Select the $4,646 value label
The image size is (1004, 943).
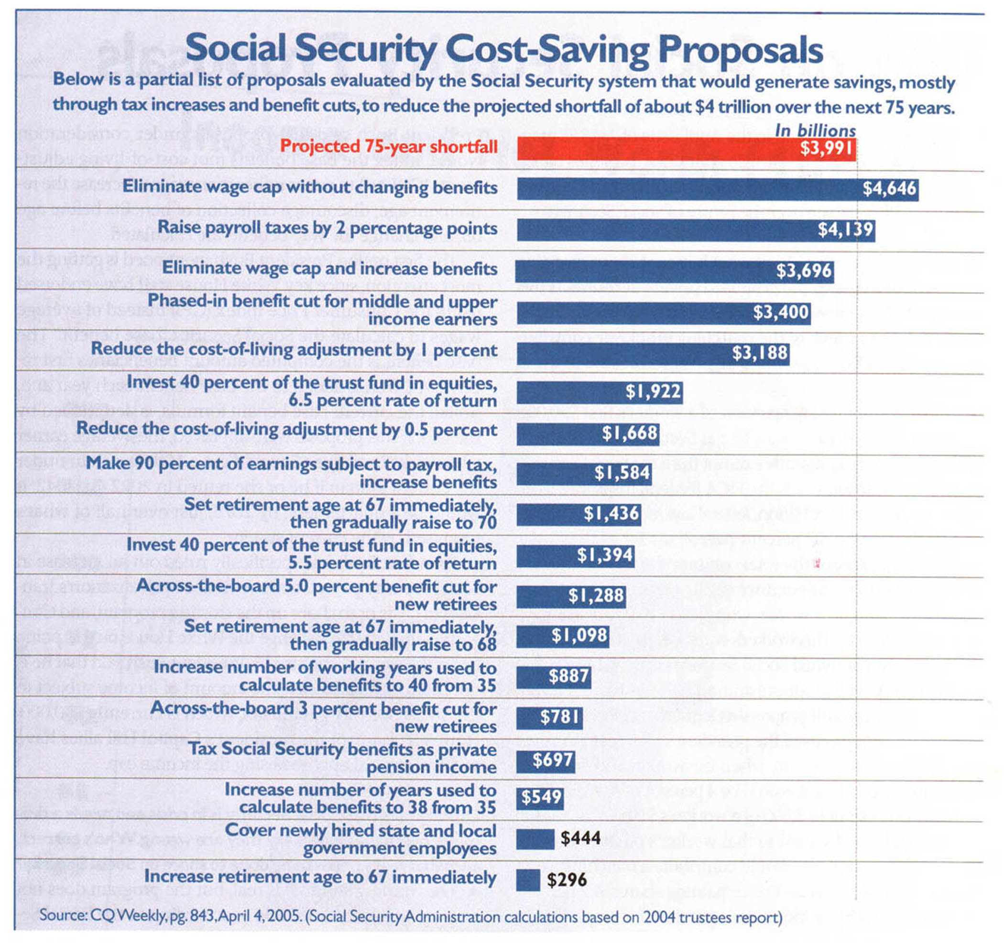pyautogui.click(x=889, y=189)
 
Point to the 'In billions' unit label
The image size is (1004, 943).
pyautogui.click(x=815, y=130)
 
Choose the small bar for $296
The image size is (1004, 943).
pyautogui.click(x=528, y=880)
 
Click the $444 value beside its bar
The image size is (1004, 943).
pyautogui.click(x=581, y=838)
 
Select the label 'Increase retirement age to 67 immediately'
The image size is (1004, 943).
pyautogui.click(x=320, y=877)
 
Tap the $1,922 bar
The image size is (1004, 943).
pyautogui.click(x=571, y=392)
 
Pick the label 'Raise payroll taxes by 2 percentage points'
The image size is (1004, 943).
pyautogui.click(x=327, y=228)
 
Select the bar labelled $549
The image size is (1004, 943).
pyautogui.click(x=539, y=798)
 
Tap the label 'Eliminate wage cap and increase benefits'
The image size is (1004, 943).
pyautogui.click(x=329, y=269)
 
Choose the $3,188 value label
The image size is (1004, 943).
pyautogui.click(x=760, y=352)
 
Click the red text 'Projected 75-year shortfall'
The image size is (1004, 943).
pyautogui.click(x=388, y=146)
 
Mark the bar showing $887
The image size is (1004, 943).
pyautogui.click(x=553, y=676)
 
